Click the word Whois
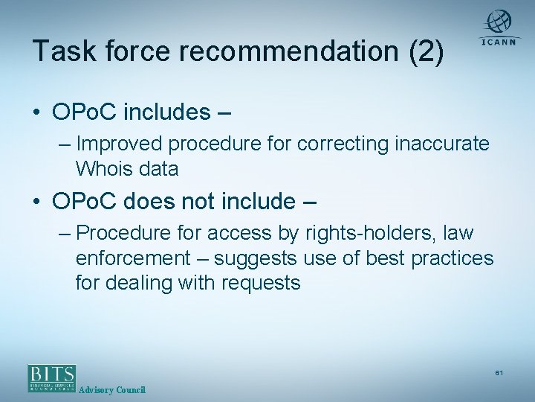(102, 169)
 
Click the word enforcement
(133, 258)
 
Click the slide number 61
(499, 372)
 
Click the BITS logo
(51, 377)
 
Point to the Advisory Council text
(112, 390)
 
